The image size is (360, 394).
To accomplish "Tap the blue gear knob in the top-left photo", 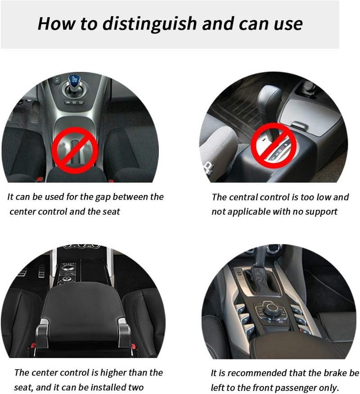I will coord(74,82).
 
